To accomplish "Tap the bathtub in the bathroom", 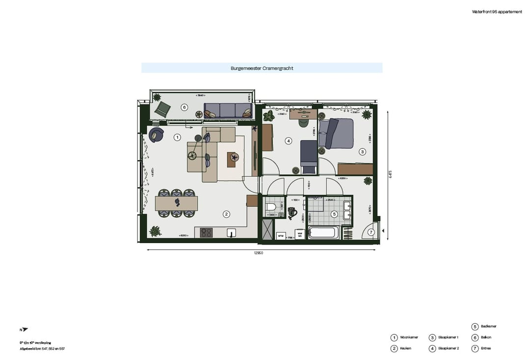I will [x=322, y=232].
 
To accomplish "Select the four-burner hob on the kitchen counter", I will [x=206, y=233].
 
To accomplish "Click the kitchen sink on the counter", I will [x=232, y=233].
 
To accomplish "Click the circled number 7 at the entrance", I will [x=371, y=232].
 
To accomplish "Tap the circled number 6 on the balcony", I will [x=185, y=107].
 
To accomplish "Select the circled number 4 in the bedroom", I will [x=289, y=141].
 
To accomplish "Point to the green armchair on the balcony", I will [x=162, y=109].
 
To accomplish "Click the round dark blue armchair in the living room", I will [x=156, y=134].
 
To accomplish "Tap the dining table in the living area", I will [x=176, y=203].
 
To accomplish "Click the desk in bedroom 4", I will [x=303, y=114].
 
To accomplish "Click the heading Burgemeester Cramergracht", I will [x=262, y=68].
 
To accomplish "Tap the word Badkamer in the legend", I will [x=488, y=326].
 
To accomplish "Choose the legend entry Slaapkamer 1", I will [x=448, y=337].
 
